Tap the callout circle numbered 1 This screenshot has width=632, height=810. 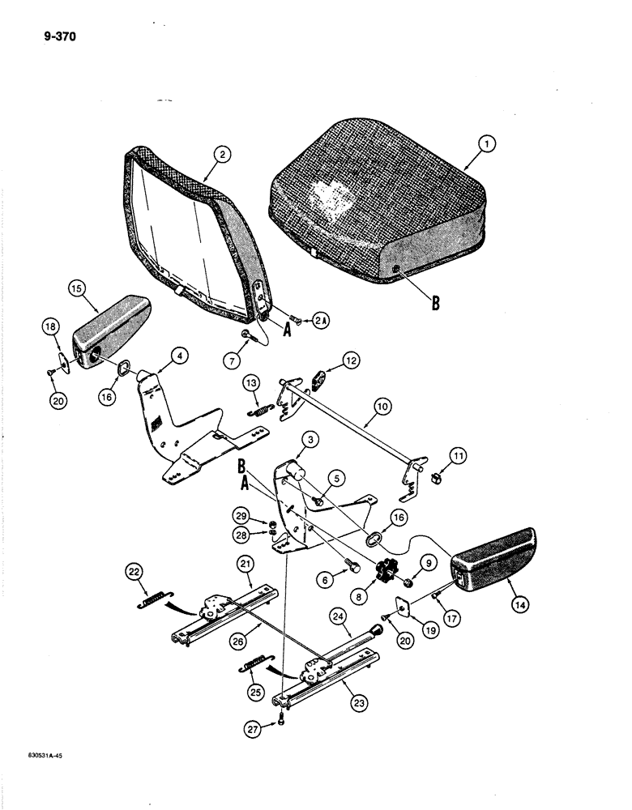[x=486, y=145]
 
